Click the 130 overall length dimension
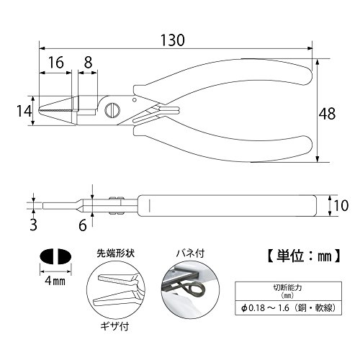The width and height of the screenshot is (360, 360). point(172,40)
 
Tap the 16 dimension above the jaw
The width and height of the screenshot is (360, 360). point(56,63)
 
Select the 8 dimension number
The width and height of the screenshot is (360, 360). point(88,63)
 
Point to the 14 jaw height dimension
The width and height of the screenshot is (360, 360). point(24,112)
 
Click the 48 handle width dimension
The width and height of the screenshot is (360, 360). point(327,114)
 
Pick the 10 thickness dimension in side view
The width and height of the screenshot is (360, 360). point(341,206)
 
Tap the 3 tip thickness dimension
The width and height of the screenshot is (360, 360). point(33,225)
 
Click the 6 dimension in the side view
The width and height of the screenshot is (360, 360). point(83,225)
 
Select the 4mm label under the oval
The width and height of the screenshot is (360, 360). point(55,281)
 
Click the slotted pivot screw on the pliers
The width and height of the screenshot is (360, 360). point(112,110)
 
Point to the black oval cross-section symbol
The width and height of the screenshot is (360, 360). point(55,256)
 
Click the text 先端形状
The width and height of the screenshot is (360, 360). point(116,253)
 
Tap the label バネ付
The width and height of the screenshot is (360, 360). point(190,253)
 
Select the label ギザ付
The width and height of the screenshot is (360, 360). point(114,326)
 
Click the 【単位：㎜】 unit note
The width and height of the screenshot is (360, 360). point(304,256)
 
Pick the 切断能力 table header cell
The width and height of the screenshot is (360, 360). point(288,291)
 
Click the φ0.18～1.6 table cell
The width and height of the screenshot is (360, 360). point(288,307)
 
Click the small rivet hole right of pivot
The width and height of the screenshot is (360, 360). point(135,99)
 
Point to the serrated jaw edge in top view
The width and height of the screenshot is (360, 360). point(55,111)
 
